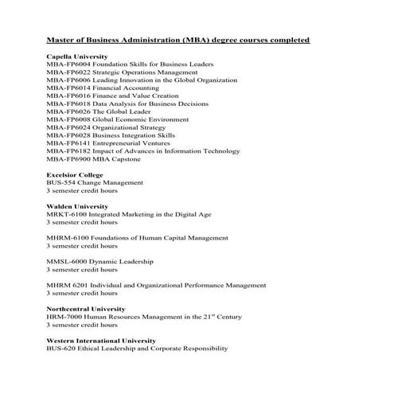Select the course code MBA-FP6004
(68, 66)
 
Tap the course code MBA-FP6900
(68, 159)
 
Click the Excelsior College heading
(74, 174)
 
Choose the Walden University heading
(77, 206)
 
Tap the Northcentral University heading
(85, 308)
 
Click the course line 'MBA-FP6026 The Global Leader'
(101, 112)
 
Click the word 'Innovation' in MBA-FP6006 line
(135, 81)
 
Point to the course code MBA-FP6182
(68, 151)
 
